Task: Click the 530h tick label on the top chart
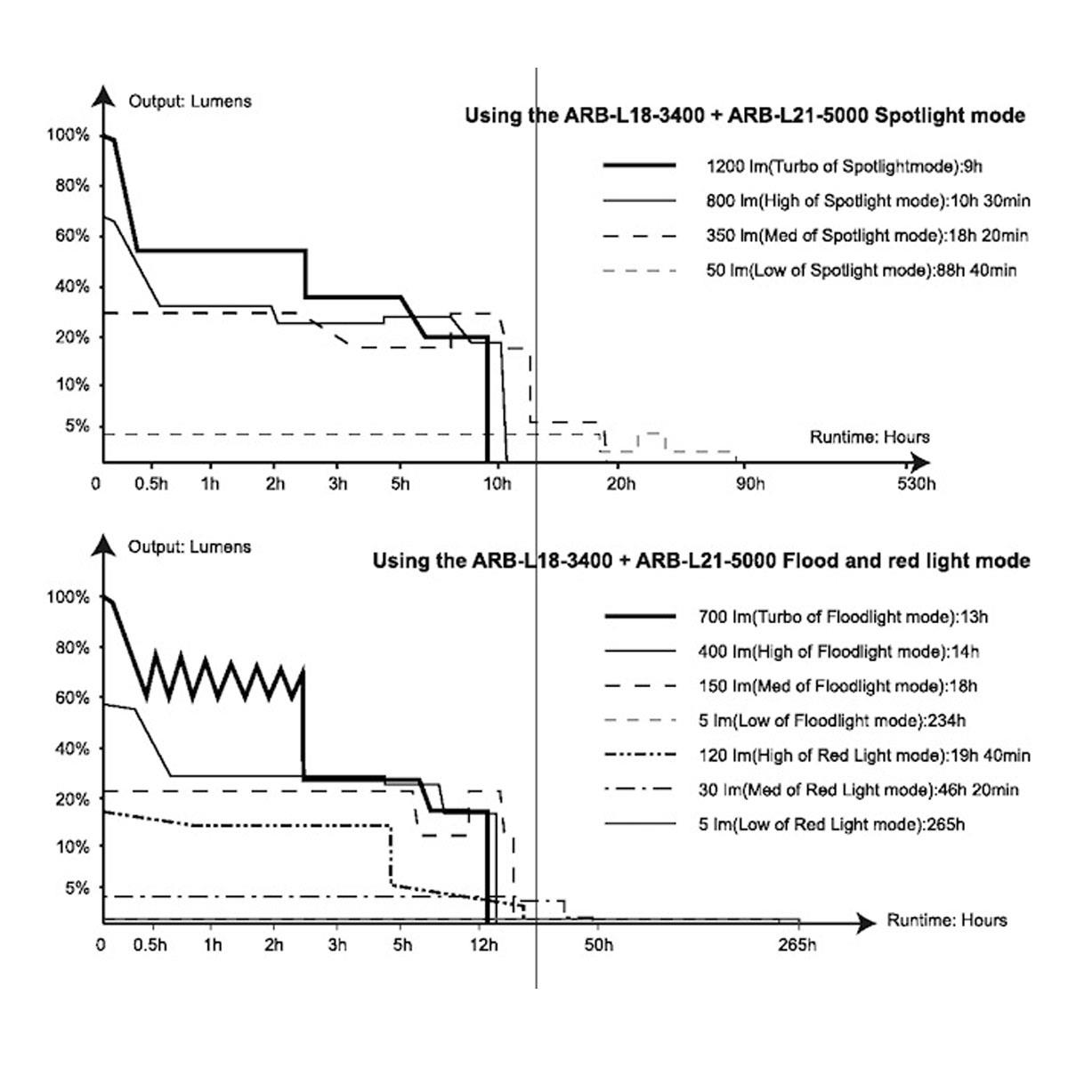tap(916, 484)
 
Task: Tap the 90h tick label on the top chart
tap(750, 484)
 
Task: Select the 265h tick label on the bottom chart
tap(797, 944)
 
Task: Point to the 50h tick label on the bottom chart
tap(599, 944)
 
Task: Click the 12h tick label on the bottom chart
tap(484, 944)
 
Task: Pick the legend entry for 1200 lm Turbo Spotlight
tap(793, 166)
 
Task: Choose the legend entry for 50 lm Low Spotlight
tap(810, 270)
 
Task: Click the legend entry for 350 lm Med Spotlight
tap(815, 236)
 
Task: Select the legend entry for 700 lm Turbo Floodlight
tap(796, 616)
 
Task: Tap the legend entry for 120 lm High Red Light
tap(817, 755)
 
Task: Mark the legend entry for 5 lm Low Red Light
tap(784, 824)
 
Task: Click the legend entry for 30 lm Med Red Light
tap(812, 789)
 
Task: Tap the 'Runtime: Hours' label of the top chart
tap(870, 437)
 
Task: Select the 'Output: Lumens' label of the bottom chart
tap(190, 546)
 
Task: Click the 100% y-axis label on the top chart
tap(69, 134)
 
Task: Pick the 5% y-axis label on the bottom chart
tap(77, 888)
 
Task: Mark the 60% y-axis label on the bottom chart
tap(73, 697)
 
